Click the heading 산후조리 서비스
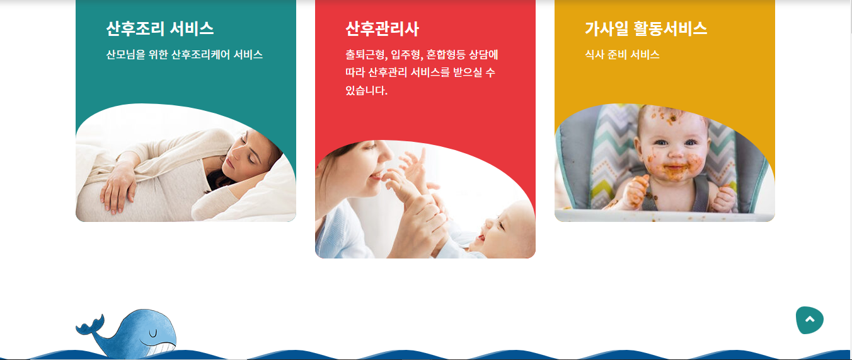click(160, 29)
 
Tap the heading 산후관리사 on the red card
click(382, 29)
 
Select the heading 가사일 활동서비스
click(646, 29)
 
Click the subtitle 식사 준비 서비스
click(622, 55)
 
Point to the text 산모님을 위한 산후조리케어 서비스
click(184, 55)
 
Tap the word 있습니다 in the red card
click(366, 91)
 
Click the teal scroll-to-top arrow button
click(809, 320)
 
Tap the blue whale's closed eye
click(153, 334)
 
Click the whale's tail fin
click(89, 326)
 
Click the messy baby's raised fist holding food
click(636, 191)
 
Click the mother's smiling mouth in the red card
click(377, 175)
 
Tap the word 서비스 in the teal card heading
click(192, 29)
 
